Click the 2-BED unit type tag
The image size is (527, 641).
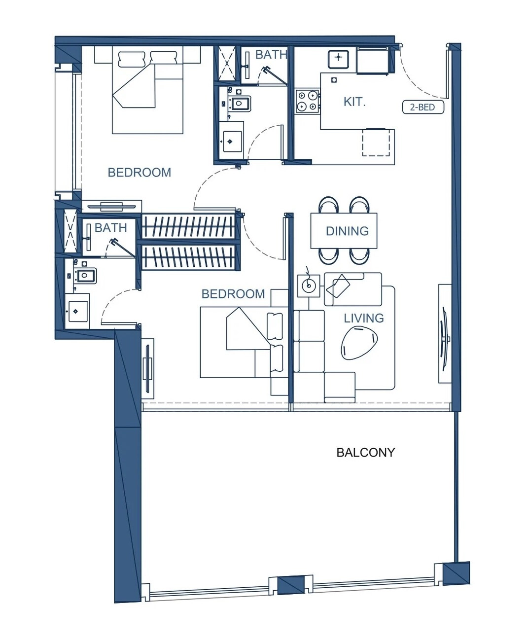(423, 107)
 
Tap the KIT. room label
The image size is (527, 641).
(354, 102)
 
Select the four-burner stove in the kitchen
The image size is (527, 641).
(307, 101)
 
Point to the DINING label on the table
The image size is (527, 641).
(347, 231)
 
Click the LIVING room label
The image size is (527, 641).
(364, 318)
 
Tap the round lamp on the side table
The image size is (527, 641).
(309, 285)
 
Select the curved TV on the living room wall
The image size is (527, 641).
(444, 339)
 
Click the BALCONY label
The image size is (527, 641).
(366, 453)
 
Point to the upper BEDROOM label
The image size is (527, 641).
(140, 173)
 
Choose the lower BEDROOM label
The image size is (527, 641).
(233, 294)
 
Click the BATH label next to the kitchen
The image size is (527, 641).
(271, 55)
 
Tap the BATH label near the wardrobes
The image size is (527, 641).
(110, 228)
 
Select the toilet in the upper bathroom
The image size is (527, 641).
(239, 104)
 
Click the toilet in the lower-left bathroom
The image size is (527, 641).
(85, 276)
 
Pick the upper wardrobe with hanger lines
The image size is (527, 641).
(189, 226)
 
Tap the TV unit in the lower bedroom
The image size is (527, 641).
(148, 368)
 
